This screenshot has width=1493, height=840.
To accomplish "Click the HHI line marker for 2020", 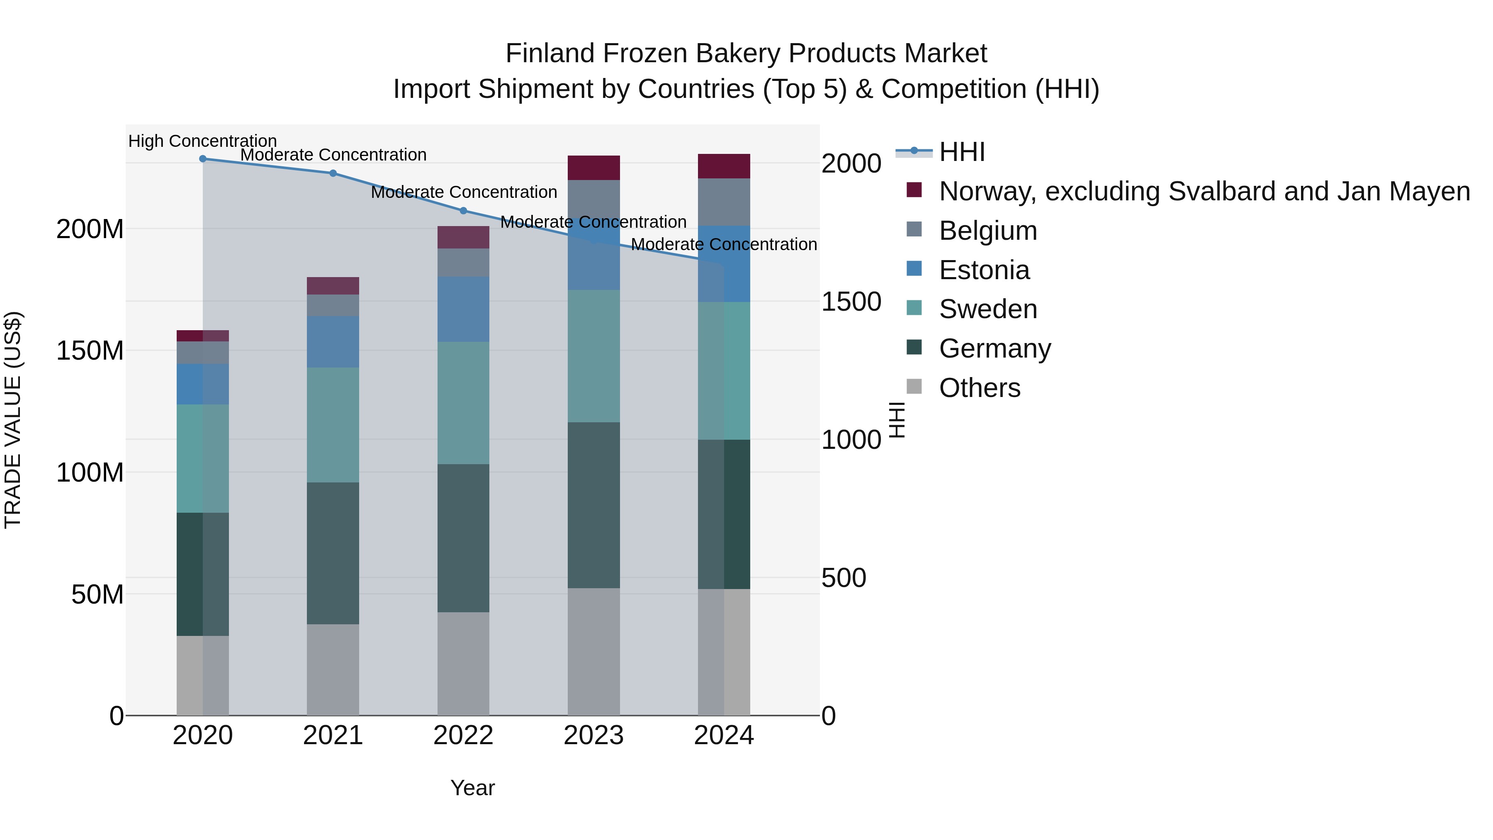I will [203, 159].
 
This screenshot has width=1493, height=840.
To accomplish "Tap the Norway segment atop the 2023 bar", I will [593, 168].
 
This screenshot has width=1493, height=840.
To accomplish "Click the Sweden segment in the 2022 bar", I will [463, 403].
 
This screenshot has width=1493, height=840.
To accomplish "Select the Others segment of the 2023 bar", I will [593, 652].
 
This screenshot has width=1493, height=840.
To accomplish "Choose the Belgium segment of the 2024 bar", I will [724, 202].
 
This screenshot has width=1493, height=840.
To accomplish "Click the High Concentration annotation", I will [202, 141].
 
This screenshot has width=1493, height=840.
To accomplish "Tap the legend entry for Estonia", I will [984, 270].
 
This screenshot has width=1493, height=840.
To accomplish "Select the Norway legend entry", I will [1204, 191].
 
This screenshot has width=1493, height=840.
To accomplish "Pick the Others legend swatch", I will [914, 387].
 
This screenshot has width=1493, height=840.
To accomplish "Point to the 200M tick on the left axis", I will [90, 229].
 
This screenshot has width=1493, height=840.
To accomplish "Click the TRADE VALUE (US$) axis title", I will [13, 420].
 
